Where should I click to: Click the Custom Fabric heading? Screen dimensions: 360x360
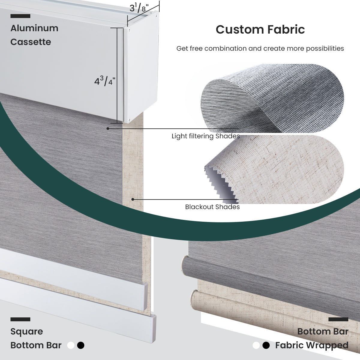pos(260,30)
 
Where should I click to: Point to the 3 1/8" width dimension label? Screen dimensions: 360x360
pos(139,8)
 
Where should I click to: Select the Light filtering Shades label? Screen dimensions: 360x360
pos(205,136)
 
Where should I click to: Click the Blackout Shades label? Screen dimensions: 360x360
pos(212,207)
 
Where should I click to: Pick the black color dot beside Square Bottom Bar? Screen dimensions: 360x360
pos(81,345)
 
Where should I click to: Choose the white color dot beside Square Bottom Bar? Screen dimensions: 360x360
pos(71,345)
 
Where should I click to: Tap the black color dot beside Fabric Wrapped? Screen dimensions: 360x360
pos(266,346)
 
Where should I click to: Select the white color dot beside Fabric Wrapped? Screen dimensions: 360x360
pos(256,346)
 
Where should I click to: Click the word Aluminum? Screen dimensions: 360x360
pos(34,28)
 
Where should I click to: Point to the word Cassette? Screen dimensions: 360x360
pos(31,42)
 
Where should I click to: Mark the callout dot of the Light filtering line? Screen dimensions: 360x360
pos(108,128)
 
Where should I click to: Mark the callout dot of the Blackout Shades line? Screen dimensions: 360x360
pos(133,199)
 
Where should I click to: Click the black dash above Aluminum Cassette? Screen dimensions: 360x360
pos(20,16)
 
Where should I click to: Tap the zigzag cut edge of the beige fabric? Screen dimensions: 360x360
pos(220,183)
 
